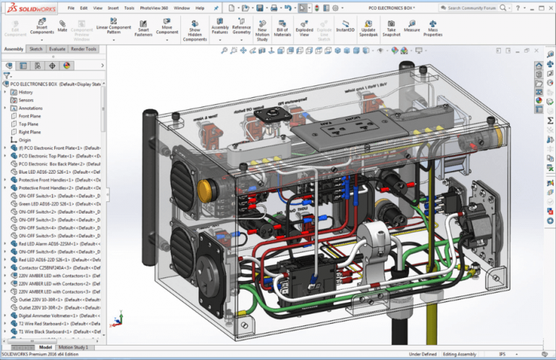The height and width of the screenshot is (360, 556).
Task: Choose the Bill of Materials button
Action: coord(282,28)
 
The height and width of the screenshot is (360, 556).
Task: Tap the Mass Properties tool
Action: coord(433,28)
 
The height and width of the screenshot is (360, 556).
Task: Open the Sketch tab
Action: coord(35,49)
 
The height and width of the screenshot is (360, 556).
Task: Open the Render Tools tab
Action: coord(83,49)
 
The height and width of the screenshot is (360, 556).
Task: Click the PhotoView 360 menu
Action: coord(155,7)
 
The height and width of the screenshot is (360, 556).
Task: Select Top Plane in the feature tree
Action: coord(28,124)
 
